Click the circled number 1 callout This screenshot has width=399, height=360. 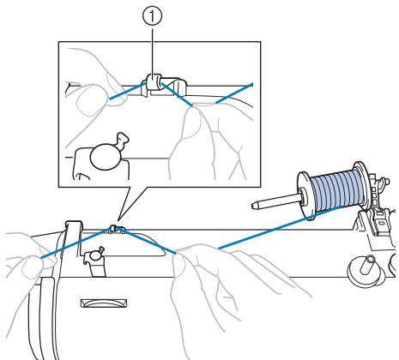point(152,16)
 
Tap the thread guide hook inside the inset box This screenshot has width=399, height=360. point(154,82)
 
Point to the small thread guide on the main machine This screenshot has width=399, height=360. point(114,228)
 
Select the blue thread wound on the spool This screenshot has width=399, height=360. point(337,189)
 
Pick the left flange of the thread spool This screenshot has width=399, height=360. point(306,195)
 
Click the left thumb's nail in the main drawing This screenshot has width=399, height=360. point(33,267)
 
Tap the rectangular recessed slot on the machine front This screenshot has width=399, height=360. point(104,303)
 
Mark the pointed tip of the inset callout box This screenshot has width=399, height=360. point(118,220)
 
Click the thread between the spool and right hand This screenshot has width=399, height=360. point(281,227)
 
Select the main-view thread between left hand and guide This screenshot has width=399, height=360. point(76,243)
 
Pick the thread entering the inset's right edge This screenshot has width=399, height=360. point(234,93)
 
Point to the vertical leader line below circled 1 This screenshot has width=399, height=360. point(152,51)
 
